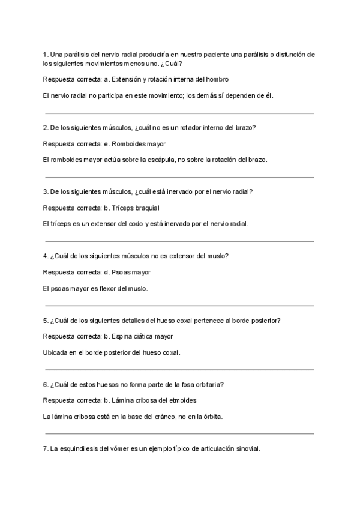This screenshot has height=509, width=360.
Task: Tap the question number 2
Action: click(46, 127)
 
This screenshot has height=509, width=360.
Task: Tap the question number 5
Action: click(46, 320)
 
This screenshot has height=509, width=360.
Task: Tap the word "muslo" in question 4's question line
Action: click(217, 256)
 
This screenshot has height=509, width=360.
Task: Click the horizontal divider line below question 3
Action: click(179, 241)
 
